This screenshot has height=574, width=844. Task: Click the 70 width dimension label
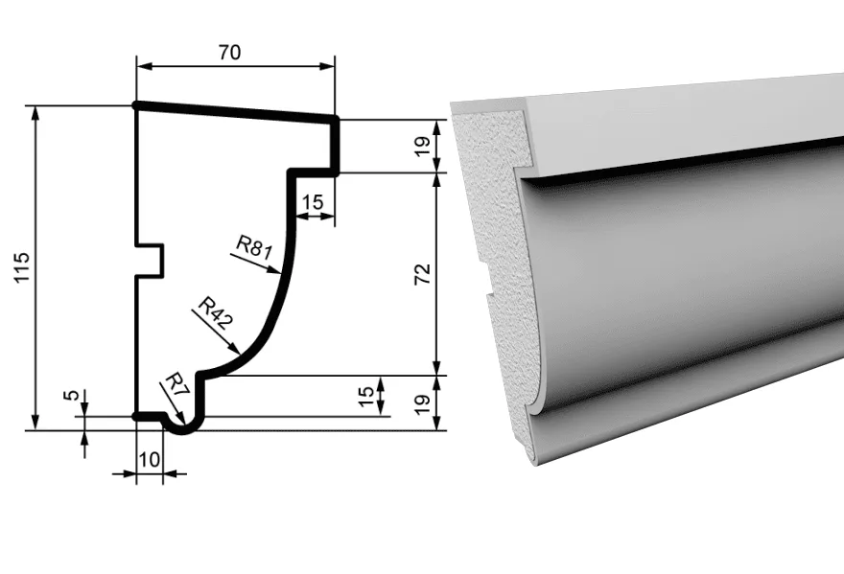229,52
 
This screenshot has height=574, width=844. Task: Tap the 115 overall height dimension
22,267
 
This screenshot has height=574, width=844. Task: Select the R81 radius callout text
254,248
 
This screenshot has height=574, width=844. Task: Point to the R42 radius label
215,312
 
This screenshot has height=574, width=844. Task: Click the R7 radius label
176,385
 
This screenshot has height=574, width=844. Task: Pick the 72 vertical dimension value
423,274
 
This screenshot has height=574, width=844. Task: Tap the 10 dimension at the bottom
150,459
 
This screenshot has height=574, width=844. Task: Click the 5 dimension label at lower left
71,396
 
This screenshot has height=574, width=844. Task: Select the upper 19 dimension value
423,146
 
